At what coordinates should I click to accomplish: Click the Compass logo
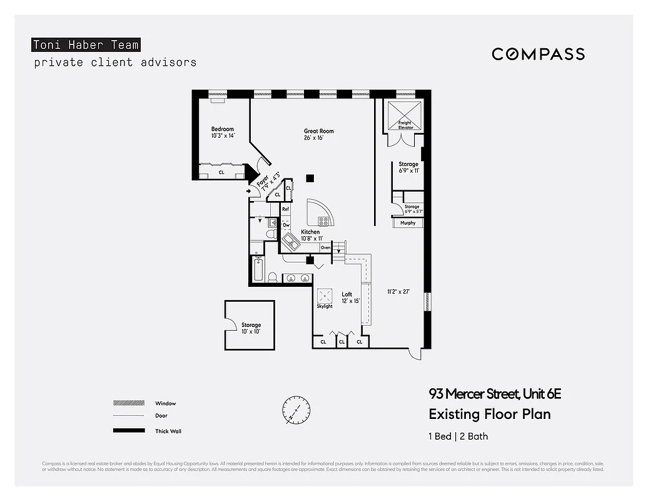coord(538,54)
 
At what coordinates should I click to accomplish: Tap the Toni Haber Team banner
coord(85,44)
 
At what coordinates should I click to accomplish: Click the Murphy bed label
coord(408,223)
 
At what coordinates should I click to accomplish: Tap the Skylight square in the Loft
coord(325,296)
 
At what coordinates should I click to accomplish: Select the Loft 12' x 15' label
coord(347,297)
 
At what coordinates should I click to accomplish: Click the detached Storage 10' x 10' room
coord(250,325)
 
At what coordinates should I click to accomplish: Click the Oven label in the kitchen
coord(325,248)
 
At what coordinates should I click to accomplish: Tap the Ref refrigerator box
coord(286,210)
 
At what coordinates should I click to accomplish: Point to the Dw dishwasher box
coord(286,225)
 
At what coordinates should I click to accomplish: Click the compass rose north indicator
coord(295,411)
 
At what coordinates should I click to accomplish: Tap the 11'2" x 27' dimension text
coord(398,291)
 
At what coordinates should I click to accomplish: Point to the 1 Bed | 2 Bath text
coord(458,436)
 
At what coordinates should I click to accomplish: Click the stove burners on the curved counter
coord(323,220)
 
